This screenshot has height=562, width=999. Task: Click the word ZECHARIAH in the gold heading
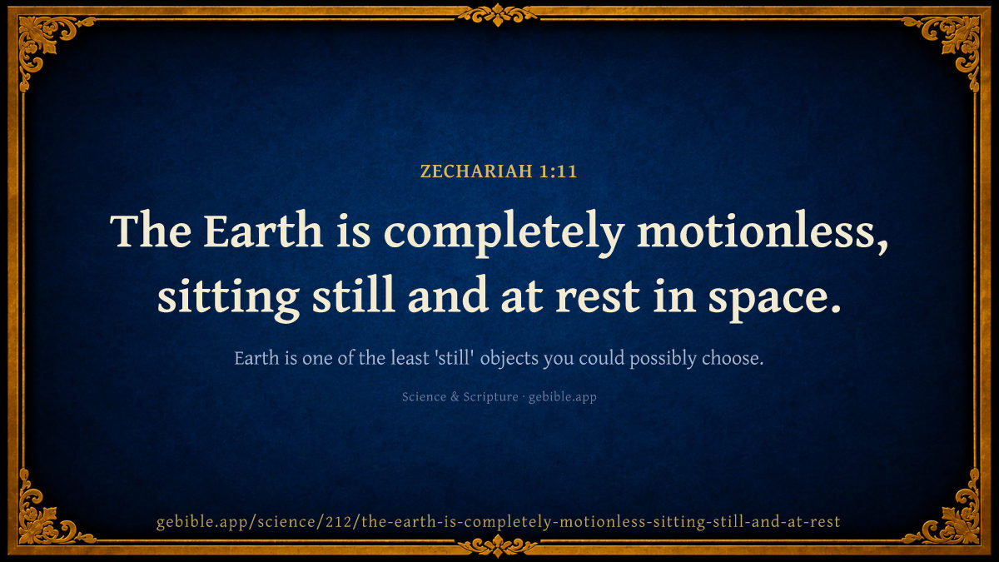(x=476, y=172)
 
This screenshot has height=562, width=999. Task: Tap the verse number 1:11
(x=558, y=172)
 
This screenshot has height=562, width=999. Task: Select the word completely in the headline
(x=504, y=233)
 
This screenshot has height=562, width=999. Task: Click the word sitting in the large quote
(x=228, y=297)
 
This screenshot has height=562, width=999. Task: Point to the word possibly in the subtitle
(x=663, y=359)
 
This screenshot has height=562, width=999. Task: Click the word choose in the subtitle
(x=733, y=358)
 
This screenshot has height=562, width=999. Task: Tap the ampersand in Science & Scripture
(x=455, y=396)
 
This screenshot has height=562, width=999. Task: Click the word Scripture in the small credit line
(x=490, y=397)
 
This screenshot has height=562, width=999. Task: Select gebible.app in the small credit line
(x=563, y=397)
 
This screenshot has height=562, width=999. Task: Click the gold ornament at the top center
(x=498, y=15)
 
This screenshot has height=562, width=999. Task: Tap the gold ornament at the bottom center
(x=498, y=546)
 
